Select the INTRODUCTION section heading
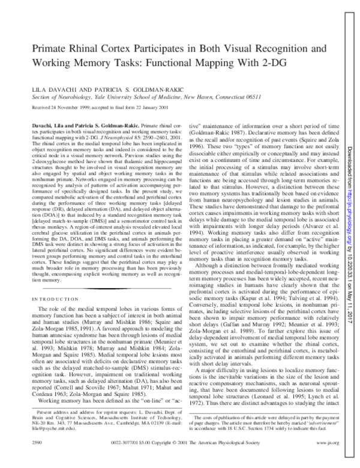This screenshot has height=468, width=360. (x=55, y=298)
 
